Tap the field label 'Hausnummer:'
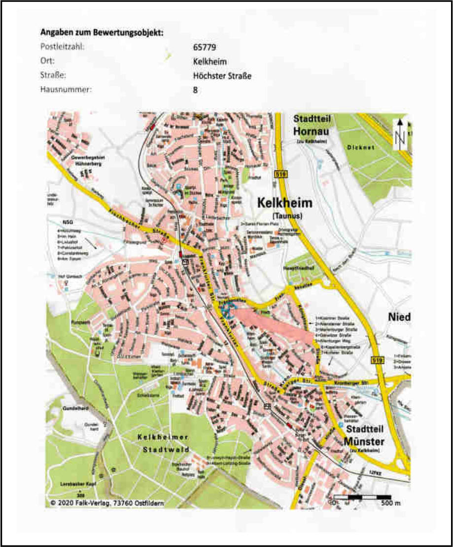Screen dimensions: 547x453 [x=64, y=90]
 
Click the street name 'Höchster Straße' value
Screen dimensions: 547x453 [x=223, y=76]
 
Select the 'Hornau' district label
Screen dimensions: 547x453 [x=313, y=131]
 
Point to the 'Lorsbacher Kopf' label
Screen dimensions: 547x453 [x=77, y=484]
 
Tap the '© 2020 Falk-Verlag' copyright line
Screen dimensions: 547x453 [x=107, y=503]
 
